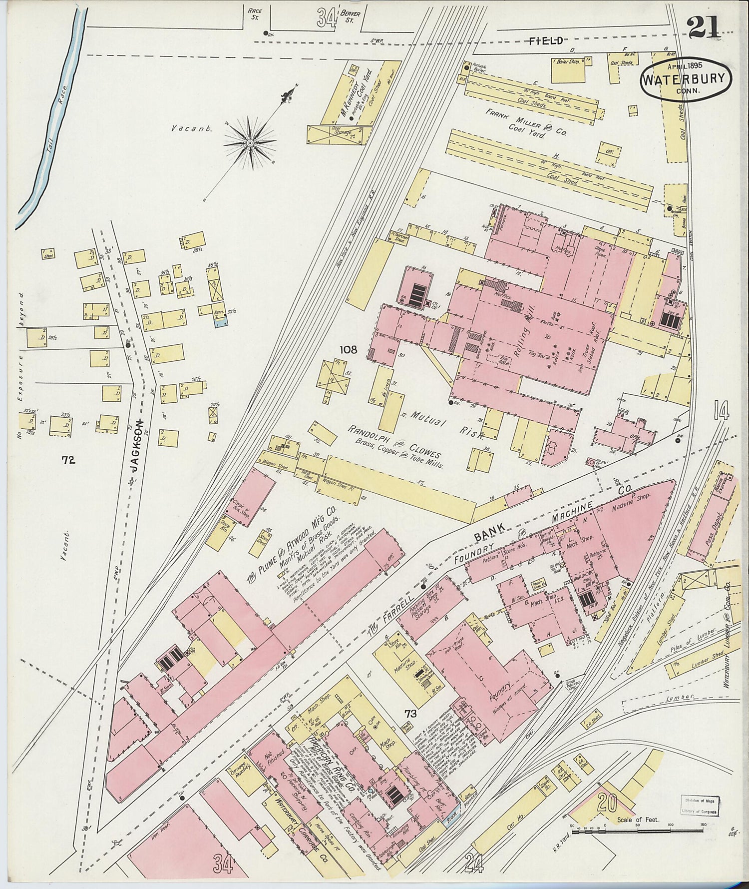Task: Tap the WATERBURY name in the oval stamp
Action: pyautogui.click(x=686, y=79)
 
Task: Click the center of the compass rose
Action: pyautogui.click(x=250, y=143)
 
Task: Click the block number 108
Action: pyautogui.click(x=348, y=350)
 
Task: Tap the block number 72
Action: pyautogui.click(x=68, y=460)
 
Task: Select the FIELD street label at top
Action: pyautogui.click(x=547, y=41)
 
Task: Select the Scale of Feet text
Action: pyautogui.click(x=638, y=820)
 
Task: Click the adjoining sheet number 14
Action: pyautogui.click(x=721, y=411)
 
